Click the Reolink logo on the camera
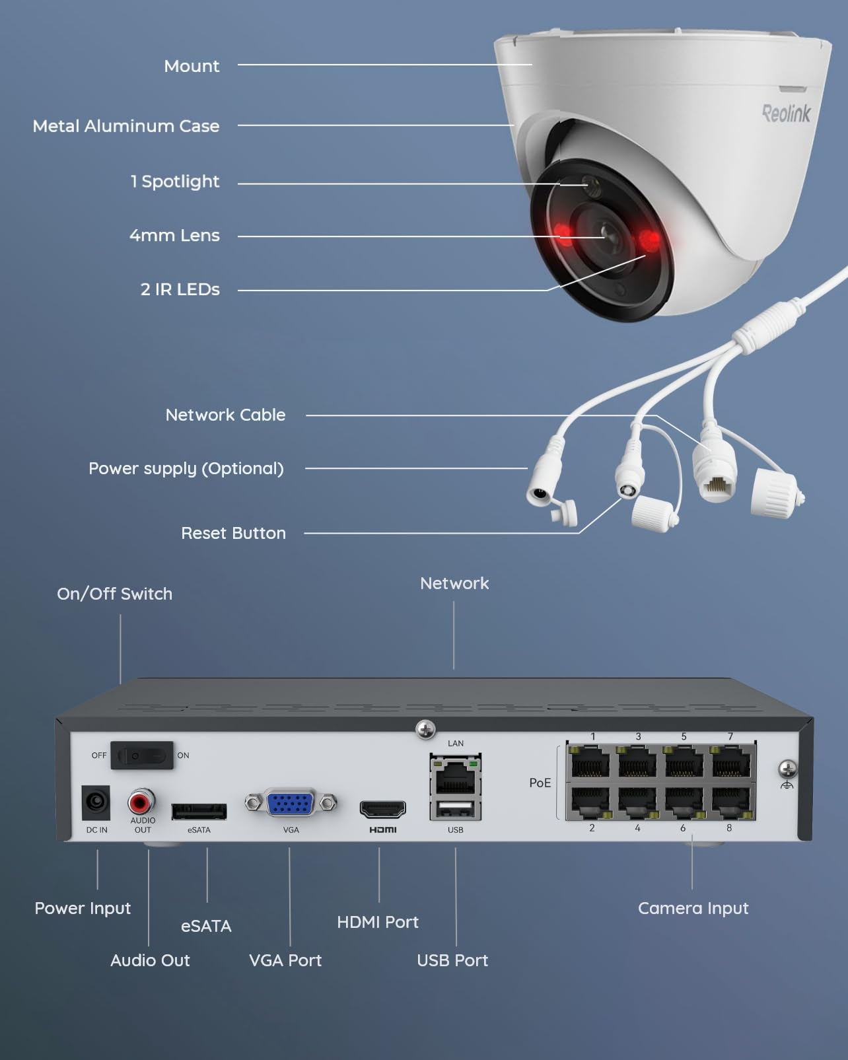coord(786,114)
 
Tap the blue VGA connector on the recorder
coord(291,803)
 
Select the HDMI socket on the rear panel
coord(382,808)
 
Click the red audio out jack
coord(141,802)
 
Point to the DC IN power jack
coord(96,802)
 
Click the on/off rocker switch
coord(141,756)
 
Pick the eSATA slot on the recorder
coord(199,811)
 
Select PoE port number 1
coord(590,763)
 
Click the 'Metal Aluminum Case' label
coord(126,126)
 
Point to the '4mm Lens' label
coord(174,236)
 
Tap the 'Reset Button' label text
coord(233,533)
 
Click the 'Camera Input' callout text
coord(693,908)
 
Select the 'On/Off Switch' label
coord(114,594)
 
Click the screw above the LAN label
coord(425,730)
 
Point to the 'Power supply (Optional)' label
coord(186,468)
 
